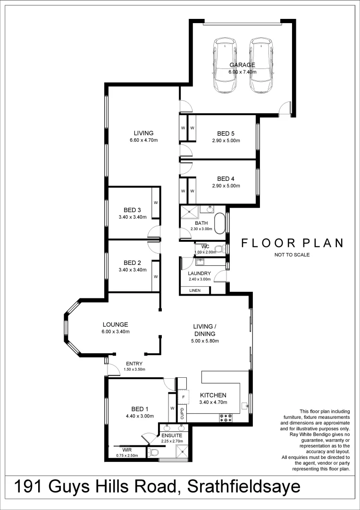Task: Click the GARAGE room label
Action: [x=242, y=65]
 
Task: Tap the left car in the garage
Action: [x=225, y=66]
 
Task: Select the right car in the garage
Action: [x=261, y=66]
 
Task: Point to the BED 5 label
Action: [x=226, y=134]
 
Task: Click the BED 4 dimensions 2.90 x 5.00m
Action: [x=226, y=187]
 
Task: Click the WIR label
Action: [x=127, y=450]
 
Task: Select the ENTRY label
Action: [x=134, y=363]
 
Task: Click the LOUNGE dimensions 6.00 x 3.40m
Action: [x=116, y=331]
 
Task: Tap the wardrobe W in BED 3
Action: [x=155, y=203]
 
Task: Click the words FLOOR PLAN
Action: [x=292, y=243]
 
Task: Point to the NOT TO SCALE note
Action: [x=292, y=255]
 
